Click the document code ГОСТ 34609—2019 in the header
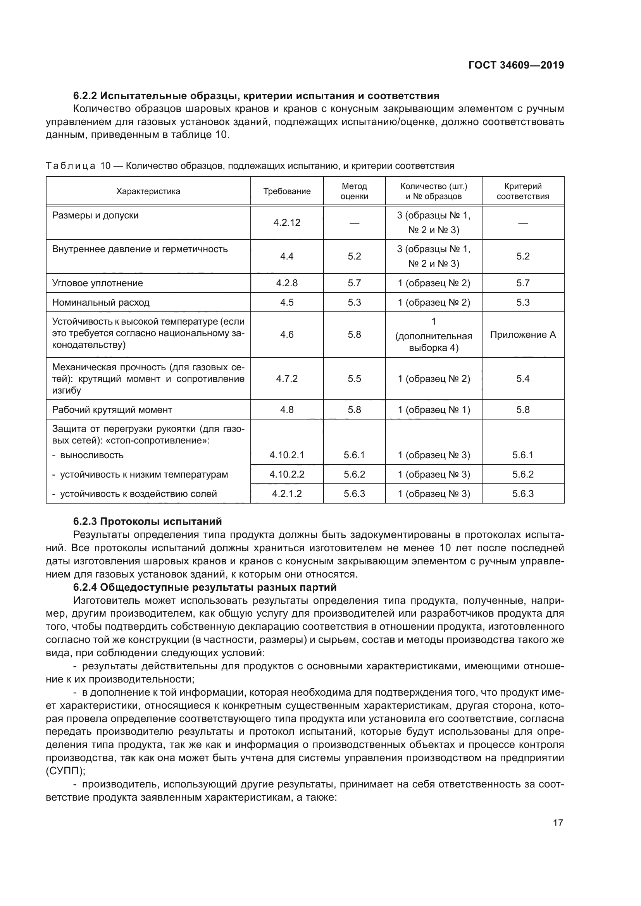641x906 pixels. pos(516,65)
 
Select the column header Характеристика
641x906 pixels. pos(148,191)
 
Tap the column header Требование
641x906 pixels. pos(287,191)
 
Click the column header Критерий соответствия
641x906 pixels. pos(522,191)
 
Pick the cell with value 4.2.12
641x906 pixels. pos(287,223)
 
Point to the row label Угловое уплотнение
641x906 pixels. pos(98,283)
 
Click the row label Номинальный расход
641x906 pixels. pos(101,302)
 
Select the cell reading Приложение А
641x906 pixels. pos(522,335)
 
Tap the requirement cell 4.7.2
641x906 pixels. pos(287,379)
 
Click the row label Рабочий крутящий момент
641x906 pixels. pos(112,409)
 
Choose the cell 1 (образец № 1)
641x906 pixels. pos(434,409)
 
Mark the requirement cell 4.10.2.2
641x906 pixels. pos(287,474)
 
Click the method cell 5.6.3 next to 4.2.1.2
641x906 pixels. pos(354,493)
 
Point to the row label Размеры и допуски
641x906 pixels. pos(95,215)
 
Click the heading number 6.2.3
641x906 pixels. pos(85,522)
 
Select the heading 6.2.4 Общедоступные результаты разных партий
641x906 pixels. pos(205,587)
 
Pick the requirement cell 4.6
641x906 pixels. pos(287,335)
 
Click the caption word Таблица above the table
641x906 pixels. pos(71,166)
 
